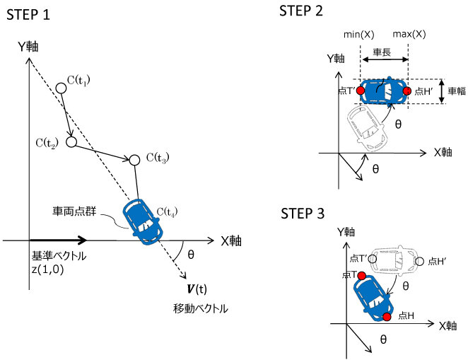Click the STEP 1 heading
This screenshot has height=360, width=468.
click(x=28, y=15)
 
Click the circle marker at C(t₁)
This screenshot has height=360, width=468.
click(x=61, y=88)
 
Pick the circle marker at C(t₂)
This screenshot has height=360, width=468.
click(x=71, y=142)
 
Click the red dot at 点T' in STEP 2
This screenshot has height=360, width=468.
click(x=361, y=91)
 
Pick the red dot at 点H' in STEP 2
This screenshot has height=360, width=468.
click(x=407, y=91)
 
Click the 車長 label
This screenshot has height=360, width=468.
click(x=384, y=52)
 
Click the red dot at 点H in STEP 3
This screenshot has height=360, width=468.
click(x=387, y=315)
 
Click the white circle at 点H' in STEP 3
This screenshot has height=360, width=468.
click(x=420, y=262)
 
